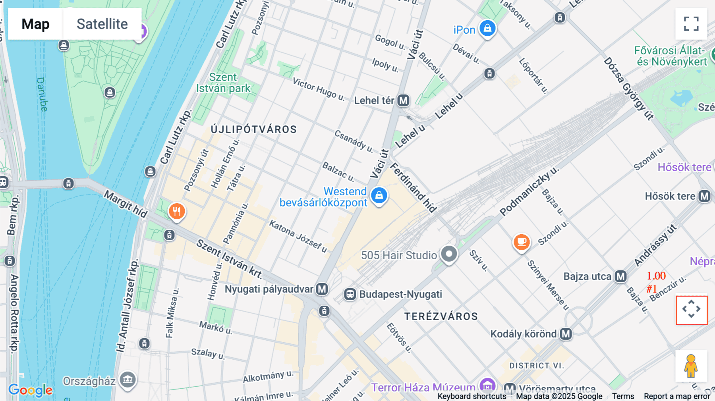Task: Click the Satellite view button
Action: [102, 24]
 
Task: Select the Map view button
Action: [35, 24]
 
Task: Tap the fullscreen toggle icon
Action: [691, 24]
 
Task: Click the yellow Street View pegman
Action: [691, 366]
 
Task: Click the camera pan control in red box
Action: [691, 310]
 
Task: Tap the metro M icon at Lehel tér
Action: [404, 100]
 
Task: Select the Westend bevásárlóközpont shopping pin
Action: [379, 195]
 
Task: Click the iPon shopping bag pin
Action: [487, 29]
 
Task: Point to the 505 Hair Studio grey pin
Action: [449, 254]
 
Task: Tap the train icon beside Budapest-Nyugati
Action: [350, 294]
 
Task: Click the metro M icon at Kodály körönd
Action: [566, 334]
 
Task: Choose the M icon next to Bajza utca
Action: [620, 276]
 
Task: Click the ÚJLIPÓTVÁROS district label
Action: [253, 129]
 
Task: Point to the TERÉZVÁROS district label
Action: [441, 316]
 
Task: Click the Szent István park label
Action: [223, 83]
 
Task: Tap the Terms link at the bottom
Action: [623, 396]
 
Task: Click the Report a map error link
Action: [677, 396]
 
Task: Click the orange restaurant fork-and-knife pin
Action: [177, 211]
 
